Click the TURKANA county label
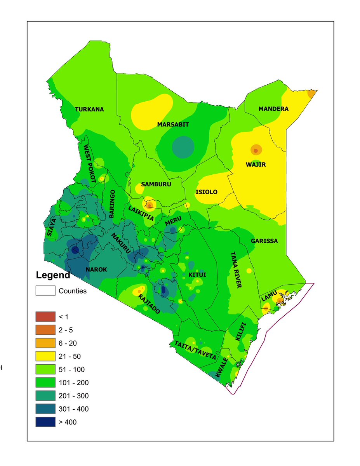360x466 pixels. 89,110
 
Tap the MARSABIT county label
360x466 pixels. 173,125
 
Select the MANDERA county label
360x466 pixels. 273,109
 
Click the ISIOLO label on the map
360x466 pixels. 206,192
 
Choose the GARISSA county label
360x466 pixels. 264,241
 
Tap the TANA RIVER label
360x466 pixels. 236,270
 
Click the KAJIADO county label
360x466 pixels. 149,304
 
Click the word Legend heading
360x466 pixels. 53,275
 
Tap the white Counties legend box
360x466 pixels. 45,291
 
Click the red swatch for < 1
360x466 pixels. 45,317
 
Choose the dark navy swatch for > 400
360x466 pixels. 45,422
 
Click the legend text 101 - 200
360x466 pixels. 73,383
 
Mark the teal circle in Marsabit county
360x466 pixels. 183,147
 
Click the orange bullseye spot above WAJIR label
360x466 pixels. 256,150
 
